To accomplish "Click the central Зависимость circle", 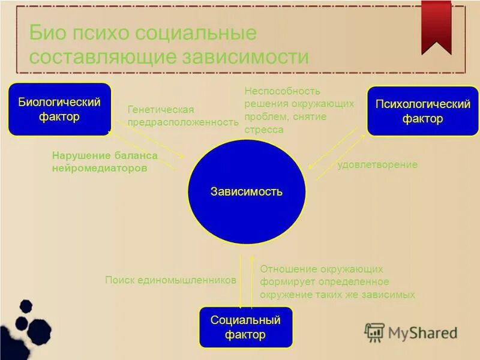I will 247,192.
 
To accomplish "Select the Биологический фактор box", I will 59,109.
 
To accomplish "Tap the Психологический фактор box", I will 422,111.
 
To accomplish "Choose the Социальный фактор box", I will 245,327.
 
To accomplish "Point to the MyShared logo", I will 411,332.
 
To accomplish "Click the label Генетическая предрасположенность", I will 183,116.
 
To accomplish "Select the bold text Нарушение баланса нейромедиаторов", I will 104,162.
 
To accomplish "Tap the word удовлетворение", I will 377,164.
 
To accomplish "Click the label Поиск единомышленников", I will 171,280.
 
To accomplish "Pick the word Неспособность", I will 282,91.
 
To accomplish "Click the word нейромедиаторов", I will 100,169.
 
